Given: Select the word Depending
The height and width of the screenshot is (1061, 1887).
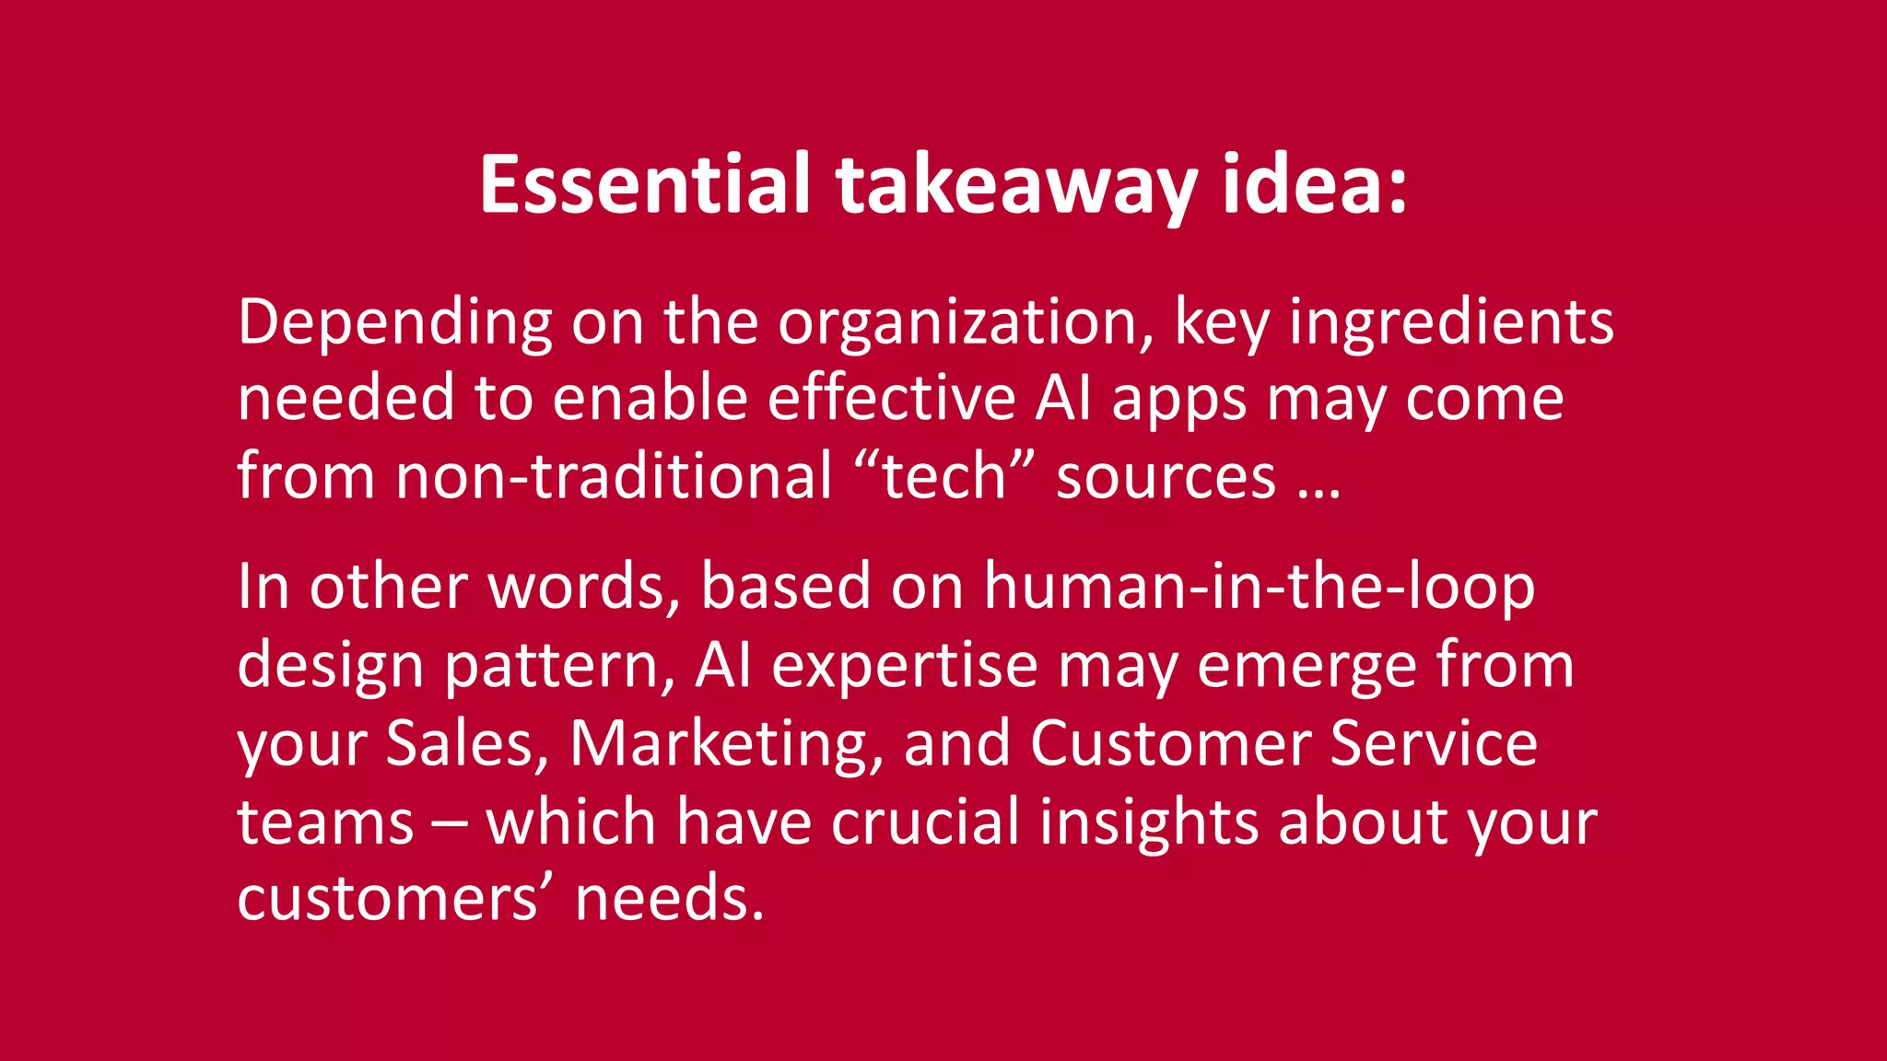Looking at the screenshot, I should click(394, 322).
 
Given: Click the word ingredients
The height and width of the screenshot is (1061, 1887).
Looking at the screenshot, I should click(1451, 322).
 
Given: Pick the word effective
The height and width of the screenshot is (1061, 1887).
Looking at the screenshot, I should click(892, 400).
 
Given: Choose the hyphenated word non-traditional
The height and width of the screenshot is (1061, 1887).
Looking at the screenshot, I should click(613, 477).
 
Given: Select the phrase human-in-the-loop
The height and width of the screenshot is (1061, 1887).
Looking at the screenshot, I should click(1259, 587).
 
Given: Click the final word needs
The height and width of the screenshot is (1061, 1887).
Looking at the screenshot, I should click(670, 899).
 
